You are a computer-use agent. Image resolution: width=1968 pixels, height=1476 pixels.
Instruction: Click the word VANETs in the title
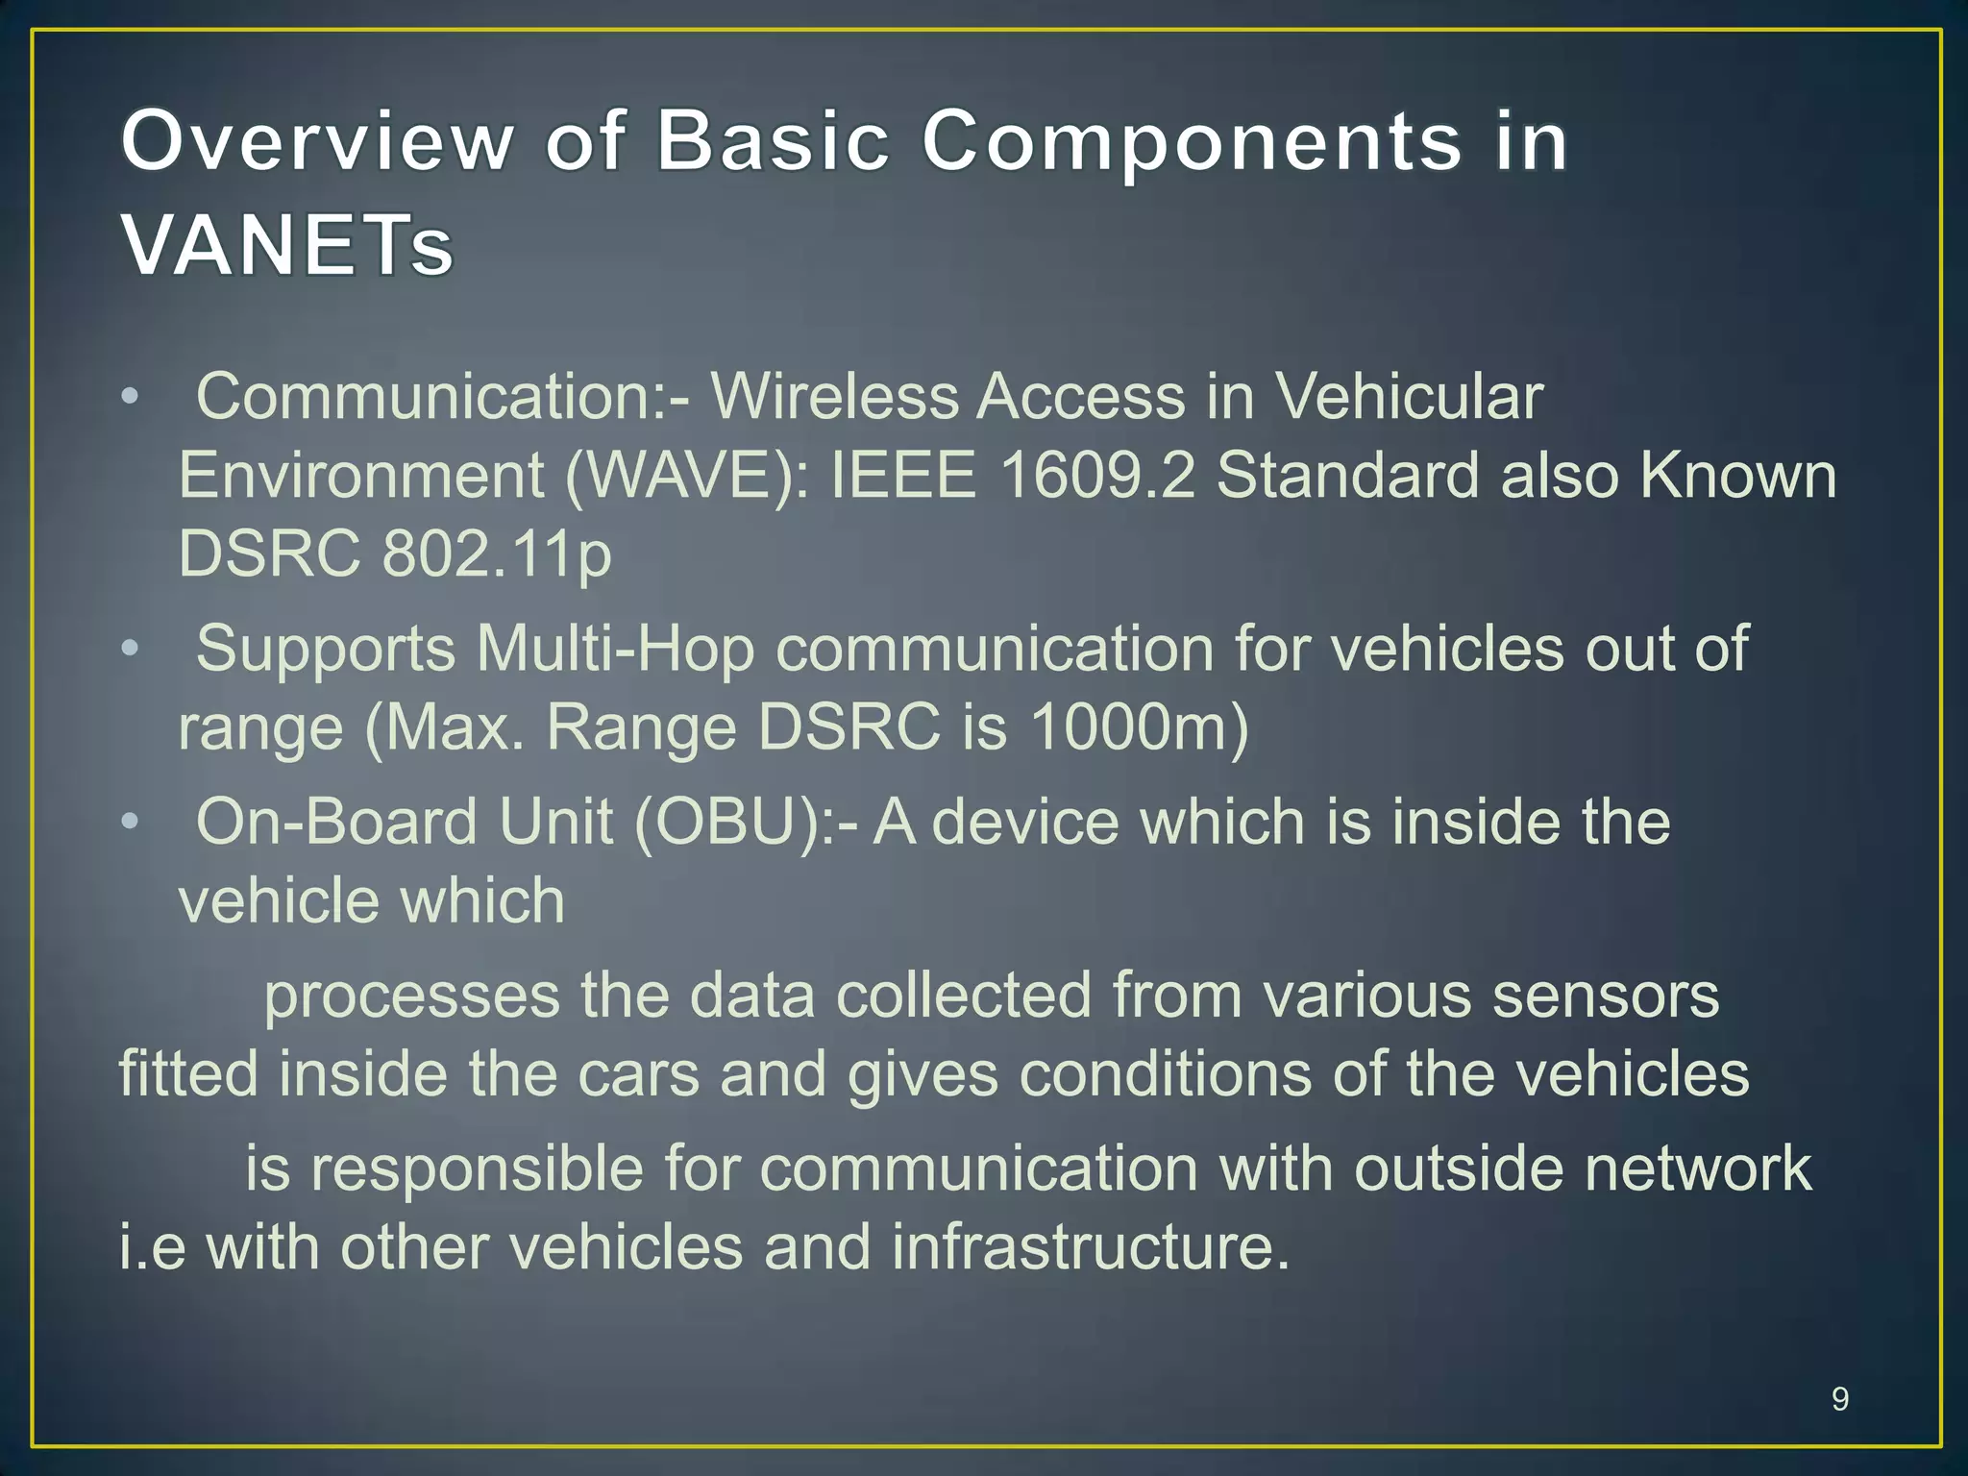coord(286,245)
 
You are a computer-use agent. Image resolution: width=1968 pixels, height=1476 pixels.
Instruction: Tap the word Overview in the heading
coord(317,141)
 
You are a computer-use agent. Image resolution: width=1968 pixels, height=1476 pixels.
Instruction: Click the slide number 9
coord(1839,1398)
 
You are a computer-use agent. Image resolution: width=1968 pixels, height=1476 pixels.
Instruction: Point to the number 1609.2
coord(1096,476)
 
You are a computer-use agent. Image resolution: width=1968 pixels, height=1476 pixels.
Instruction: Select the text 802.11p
coord(496,555)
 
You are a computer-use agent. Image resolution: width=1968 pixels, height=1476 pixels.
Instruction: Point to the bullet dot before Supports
coord(131,648)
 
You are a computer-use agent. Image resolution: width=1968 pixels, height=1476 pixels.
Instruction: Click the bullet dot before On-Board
coord(131,822)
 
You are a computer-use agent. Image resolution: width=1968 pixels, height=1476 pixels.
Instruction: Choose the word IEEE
coord(902,476)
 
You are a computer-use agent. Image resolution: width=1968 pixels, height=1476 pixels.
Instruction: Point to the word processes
coord(411,997)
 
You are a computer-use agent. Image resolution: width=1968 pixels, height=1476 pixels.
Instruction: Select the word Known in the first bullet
coord(1737,476)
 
